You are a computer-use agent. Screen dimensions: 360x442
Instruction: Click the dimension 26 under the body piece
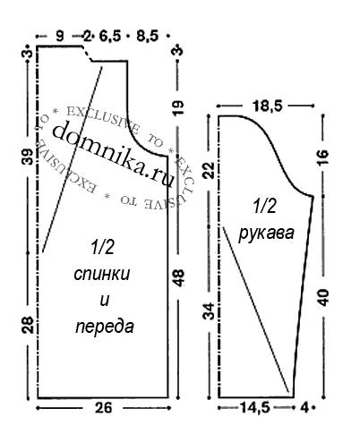pos(103,407)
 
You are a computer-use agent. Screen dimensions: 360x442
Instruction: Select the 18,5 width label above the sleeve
pos(267,106)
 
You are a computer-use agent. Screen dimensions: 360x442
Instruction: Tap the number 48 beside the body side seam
pos(178,278)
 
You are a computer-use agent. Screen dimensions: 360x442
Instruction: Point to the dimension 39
pos(28,157)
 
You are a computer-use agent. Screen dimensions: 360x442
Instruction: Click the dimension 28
pos(28,325)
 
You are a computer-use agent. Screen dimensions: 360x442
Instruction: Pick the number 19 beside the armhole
pos(178,107)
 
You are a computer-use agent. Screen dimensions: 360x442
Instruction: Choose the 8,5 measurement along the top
pos(147,37)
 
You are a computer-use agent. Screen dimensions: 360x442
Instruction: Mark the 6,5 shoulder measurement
pos(110,37)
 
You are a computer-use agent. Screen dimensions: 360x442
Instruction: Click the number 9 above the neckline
pos(60,37)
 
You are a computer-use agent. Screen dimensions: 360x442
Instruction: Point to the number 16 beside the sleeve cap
pos(323,157)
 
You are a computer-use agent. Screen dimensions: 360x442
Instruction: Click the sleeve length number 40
pos(323,297)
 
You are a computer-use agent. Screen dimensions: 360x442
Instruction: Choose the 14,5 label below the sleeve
pos(255,407)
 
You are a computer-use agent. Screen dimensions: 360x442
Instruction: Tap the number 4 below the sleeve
pos(304,407)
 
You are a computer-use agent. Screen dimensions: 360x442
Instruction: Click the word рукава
pos(266,233)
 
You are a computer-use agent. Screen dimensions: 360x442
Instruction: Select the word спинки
pos(102,274)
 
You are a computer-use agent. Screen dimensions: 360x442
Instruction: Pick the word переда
pos(105,327)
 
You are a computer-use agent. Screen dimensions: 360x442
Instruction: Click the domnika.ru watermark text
pos(114,155)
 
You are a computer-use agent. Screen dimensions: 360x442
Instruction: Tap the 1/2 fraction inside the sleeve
pos(265,207)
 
